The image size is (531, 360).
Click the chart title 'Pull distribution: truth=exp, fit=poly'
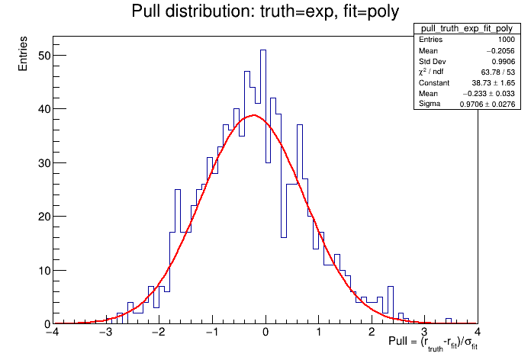tap(265, 11)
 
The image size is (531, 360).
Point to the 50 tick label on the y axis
tap(43, 55)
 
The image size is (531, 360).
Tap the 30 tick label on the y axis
tap(43, 162)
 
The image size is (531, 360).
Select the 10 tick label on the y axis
tap(43, 270)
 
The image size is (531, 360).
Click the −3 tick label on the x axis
tap(105, 333)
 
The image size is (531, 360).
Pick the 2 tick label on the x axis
tap(372, 333)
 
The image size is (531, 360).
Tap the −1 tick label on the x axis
tap(211, 333)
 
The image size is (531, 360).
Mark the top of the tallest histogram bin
tap(263, 50)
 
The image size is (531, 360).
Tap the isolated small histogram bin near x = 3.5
tap(449, 319)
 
